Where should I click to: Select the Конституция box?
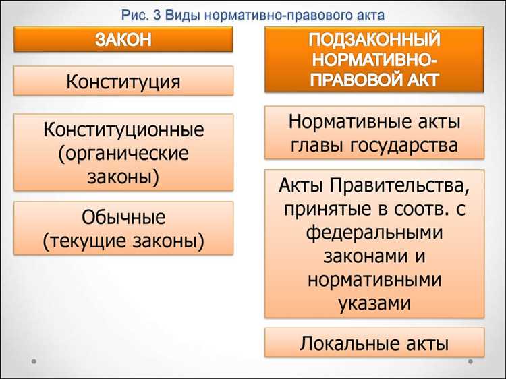click(x=123, y=82)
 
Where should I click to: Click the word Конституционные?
click(x=123, y=128)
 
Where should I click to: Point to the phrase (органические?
click(x=123, y=152)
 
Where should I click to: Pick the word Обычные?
click(x=123, y=217)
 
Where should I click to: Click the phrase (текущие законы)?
click(x=123, y=241)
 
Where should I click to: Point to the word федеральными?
click(x=374, y=233)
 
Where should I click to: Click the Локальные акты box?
click(x=374, y=344)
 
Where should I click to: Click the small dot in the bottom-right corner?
click(x=471, y=362)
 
